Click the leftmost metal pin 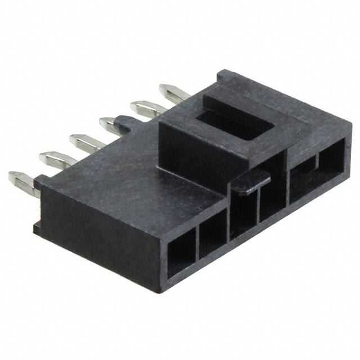21,182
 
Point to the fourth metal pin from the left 112,123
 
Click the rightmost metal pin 172,91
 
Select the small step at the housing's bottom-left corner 37,227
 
